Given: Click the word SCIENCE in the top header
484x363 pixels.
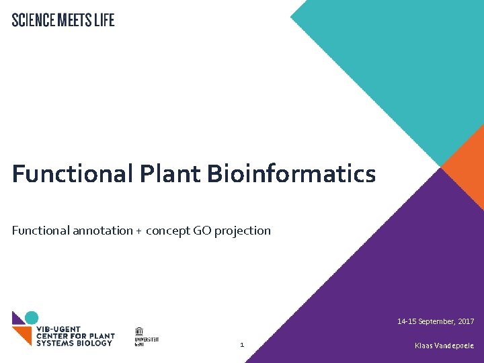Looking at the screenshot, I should tap(34, 20).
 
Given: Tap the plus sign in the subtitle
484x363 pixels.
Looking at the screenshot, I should tap(138, 231).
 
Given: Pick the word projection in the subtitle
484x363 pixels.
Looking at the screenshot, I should tap(243, 231).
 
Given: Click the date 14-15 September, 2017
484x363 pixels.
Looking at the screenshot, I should tap(436, 321).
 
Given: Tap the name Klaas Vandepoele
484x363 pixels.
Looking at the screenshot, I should tap(444, 346).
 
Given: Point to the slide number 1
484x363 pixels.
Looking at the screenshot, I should tap(242, 346).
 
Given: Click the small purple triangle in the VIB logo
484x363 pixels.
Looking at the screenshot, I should tap(17, 317).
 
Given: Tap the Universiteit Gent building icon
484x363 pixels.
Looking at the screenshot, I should tap(138, 331).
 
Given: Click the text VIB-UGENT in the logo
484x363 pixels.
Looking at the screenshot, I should tap(58, 329).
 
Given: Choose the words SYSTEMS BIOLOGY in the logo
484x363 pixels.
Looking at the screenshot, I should tap(75, 343).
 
